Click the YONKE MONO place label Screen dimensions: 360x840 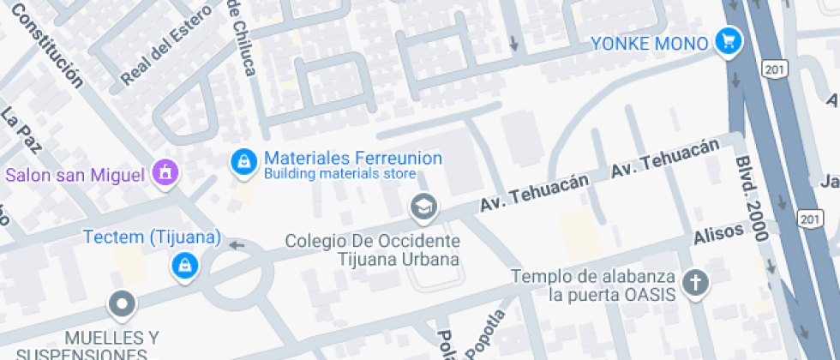650,43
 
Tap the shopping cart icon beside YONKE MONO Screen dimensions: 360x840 729,41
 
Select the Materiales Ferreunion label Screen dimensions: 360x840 353,159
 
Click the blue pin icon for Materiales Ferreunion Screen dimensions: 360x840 244,161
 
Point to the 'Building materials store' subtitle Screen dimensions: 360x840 339,174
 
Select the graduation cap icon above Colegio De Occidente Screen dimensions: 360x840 423,207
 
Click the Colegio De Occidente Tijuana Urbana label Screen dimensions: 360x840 373,249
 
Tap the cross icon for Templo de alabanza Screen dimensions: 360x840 696,282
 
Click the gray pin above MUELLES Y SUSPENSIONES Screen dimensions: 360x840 122,303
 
